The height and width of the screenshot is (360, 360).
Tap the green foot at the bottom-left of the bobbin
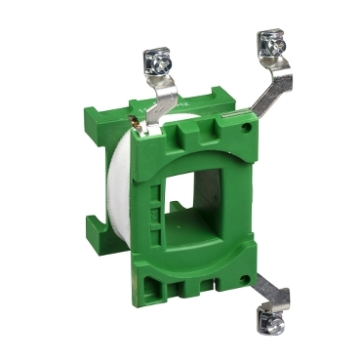[x=102, y=233]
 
